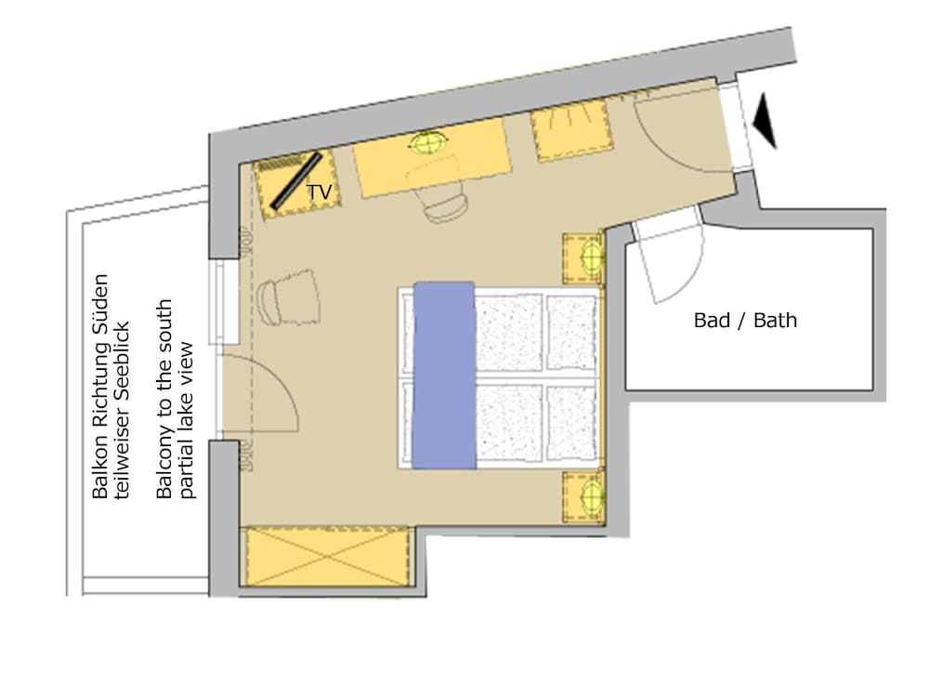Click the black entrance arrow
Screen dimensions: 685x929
click(766, 120)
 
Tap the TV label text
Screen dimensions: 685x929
click(319, 192)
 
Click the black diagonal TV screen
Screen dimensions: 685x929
click(295, 180)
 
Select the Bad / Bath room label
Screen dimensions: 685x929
click(745, 321)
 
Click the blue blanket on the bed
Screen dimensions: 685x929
click(443, 375)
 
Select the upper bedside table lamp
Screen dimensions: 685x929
click(588, 256)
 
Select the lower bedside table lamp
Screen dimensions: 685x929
click(588, 494)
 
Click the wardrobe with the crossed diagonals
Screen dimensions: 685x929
click(327, 556)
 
